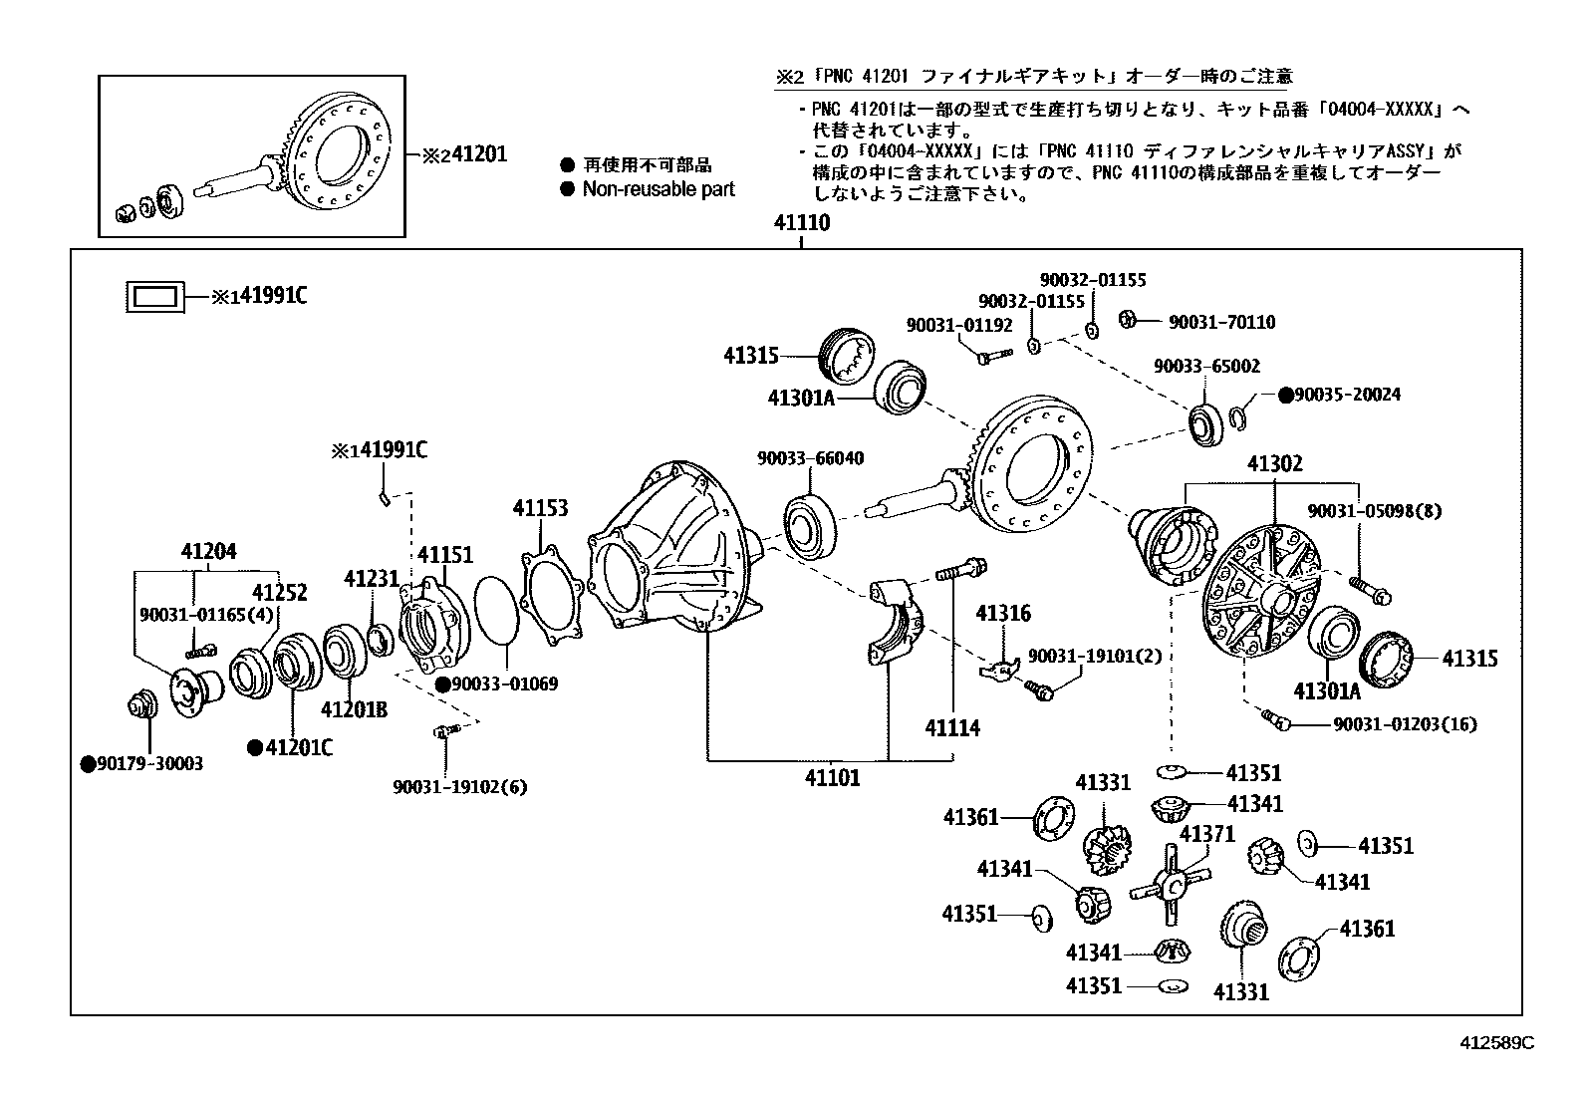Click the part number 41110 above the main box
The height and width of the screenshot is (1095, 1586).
coord(801,224)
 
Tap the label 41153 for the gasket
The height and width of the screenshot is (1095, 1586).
coord(540,508)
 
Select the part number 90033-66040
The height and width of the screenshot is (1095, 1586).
coord(810,458)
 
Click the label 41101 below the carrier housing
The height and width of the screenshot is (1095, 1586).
coord(832,777)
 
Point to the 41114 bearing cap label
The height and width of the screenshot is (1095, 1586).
coord(951,728)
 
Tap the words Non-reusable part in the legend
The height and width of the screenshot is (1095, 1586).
coord(658,189)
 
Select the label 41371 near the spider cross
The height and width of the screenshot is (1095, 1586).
coord(1206,833)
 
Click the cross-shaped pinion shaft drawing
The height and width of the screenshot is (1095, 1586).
coord(1171,883)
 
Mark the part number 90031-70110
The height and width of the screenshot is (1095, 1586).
coord(1221,322)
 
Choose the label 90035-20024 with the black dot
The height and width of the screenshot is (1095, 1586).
coord(1347,395)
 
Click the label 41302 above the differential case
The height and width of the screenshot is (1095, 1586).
coord(1274,463)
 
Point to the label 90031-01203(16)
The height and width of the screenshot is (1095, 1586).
coord(1404,724)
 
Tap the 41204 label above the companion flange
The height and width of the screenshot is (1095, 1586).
coord(208,551)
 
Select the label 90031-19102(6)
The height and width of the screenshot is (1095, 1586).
coord(459,787)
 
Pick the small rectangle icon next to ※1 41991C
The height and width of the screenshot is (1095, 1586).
coord(154,296)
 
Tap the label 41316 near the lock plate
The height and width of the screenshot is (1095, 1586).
coord(1003,614)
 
